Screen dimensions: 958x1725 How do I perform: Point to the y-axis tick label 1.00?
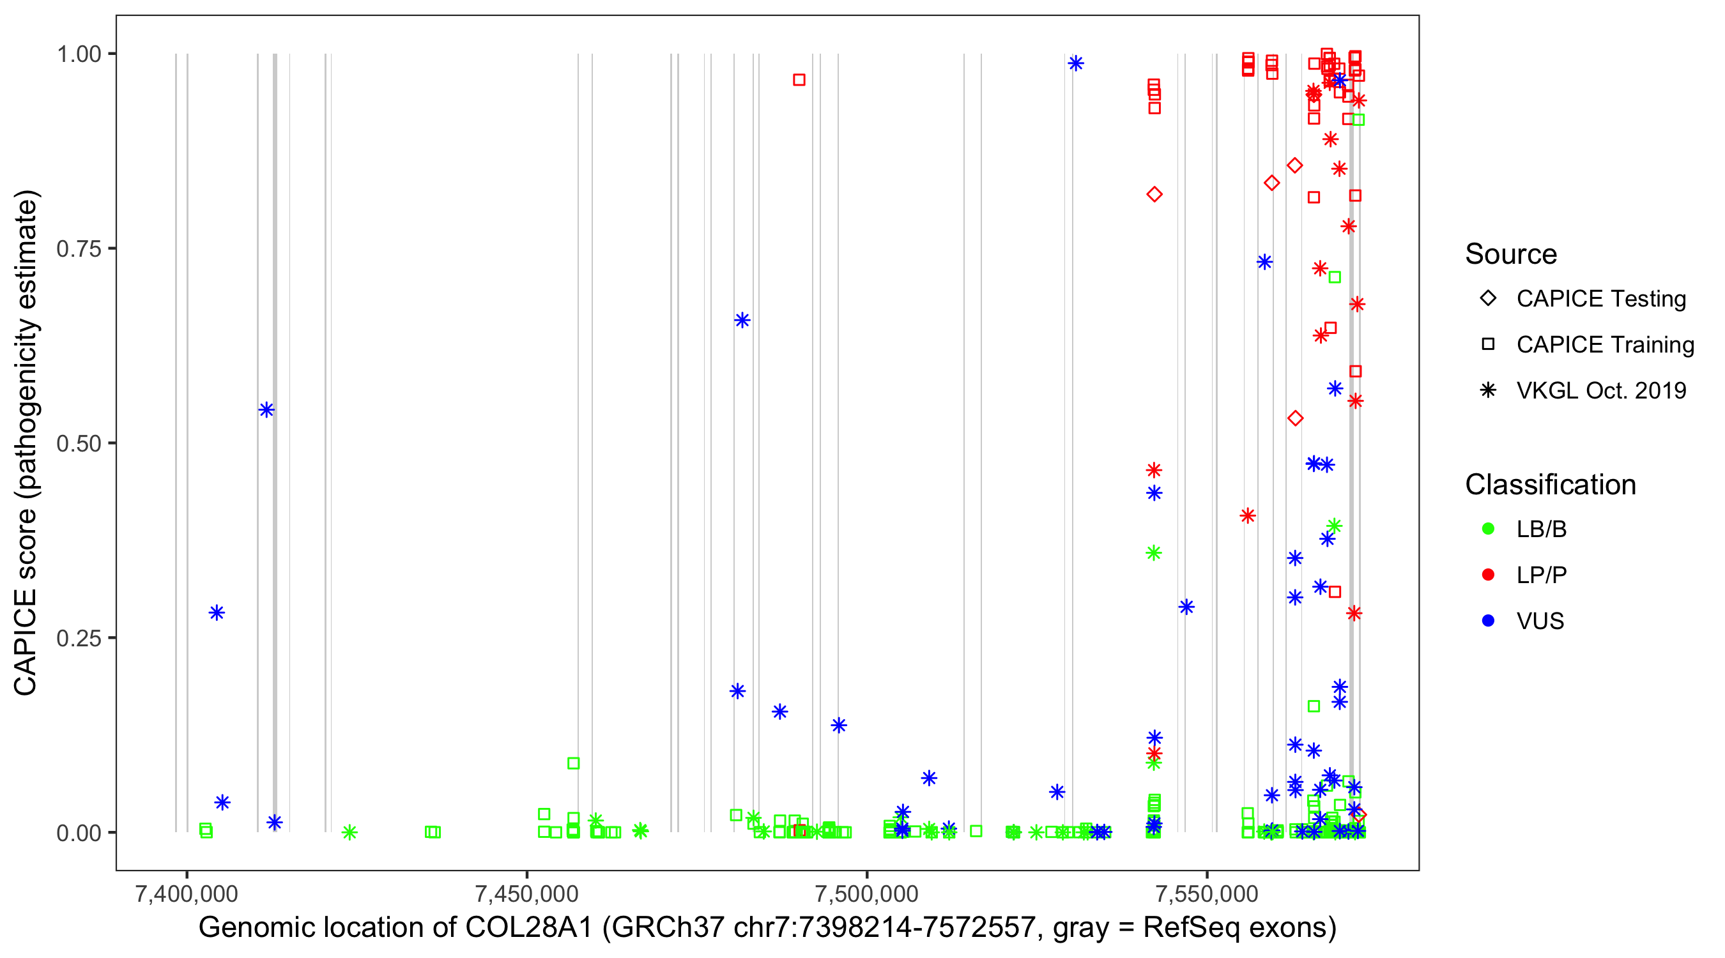[x=79, y=54]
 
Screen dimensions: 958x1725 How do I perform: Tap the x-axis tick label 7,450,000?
[x=526, y=893]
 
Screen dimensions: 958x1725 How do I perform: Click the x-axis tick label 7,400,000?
[x=186, y=893]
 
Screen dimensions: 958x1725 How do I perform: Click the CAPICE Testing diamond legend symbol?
[x=1488, y=299]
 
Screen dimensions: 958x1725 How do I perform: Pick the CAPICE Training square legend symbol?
[x=1488, y=344]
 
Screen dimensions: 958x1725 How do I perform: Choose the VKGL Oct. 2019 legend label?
[x=1601, y=390]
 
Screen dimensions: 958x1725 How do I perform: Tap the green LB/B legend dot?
[x=1488, y=529]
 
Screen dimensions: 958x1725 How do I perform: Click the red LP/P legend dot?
[x=1488, y=575]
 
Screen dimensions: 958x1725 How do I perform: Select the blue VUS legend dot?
[x=1488, y=621]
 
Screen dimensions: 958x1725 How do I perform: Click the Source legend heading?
[x=1511, y=254]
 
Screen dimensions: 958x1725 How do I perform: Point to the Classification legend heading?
[x=1550, y=485]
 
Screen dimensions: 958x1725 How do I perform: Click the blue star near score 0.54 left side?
[x=266, y=410]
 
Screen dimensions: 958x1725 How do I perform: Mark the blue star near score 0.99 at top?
[x=1075, y=64]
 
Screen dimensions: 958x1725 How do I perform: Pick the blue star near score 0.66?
[x=742, y=320]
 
